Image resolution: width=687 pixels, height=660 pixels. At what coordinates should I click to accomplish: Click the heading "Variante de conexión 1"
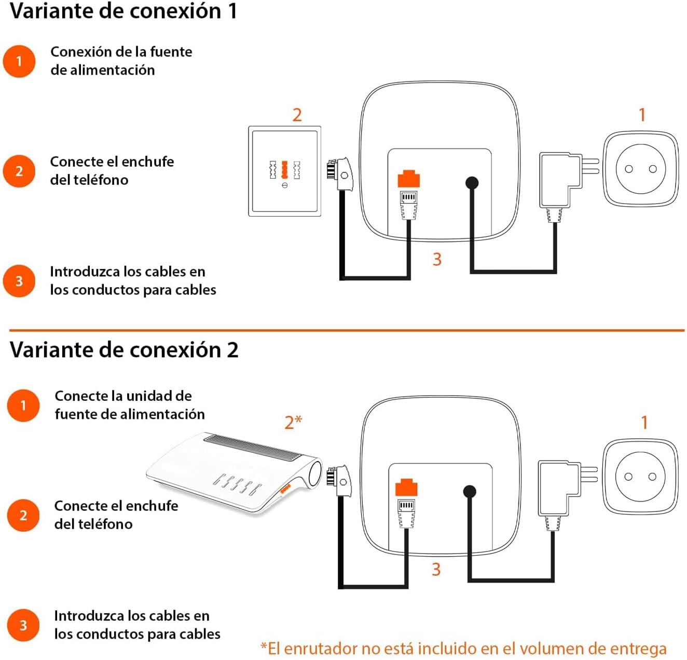[x=123, y=11]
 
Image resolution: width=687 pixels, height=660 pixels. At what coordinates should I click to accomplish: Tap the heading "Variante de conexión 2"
[x=124, y=350]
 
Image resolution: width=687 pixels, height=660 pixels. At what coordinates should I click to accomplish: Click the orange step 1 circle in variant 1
[x=19, y=61]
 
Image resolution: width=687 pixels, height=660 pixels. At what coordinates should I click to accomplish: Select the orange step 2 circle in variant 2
[x=23, y=515]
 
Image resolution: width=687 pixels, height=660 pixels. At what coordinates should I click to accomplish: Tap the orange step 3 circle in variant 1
[x=19, y=281]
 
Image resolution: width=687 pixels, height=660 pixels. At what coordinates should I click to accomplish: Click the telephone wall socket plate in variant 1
[x=284, y=171]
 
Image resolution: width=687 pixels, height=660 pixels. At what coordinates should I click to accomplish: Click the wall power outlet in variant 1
[x=640, y=169]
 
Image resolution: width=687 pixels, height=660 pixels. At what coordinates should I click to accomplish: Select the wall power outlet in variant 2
[x=640, y=477]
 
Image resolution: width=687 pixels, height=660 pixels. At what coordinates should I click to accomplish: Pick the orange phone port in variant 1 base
[x=408, y=179]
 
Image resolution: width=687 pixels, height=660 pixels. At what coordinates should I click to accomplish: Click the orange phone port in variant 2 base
[x=406, y=488]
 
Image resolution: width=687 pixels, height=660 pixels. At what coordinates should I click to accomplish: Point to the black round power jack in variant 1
[x=472, y=183]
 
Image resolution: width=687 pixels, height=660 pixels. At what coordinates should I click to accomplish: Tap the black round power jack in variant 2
[x=470, y=491]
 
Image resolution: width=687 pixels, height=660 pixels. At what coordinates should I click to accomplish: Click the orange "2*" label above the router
[x=293, y=422]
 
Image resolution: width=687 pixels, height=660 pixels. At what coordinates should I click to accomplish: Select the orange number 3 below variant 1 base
[x=437, y=259]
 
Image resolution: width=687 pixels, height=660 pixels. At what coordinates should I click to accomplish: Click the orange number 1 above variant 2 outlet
[x=644, y=423]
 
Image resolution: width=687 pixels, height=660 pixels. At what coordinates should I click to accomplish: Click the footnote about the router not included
[x=463, y=649]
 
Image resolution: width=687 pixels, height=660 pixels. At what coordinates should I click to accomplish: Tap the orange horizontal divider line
[x=347, y=330]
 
